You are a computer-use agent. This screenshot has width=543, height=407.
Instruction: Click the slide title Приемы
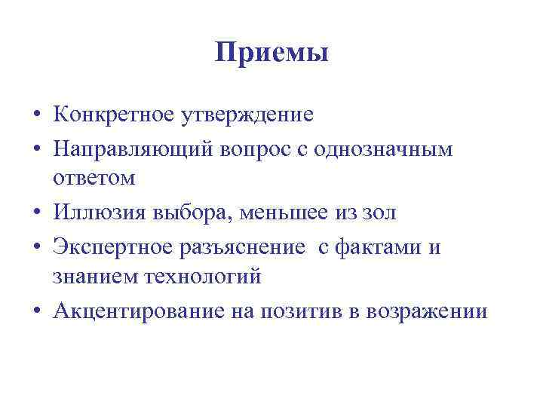[271, 54]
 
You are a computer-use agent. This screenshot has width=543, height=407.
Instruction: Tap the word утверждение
[247, 115]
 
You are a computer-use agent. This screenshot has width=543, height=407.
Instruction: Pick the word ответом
[94, 179]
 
